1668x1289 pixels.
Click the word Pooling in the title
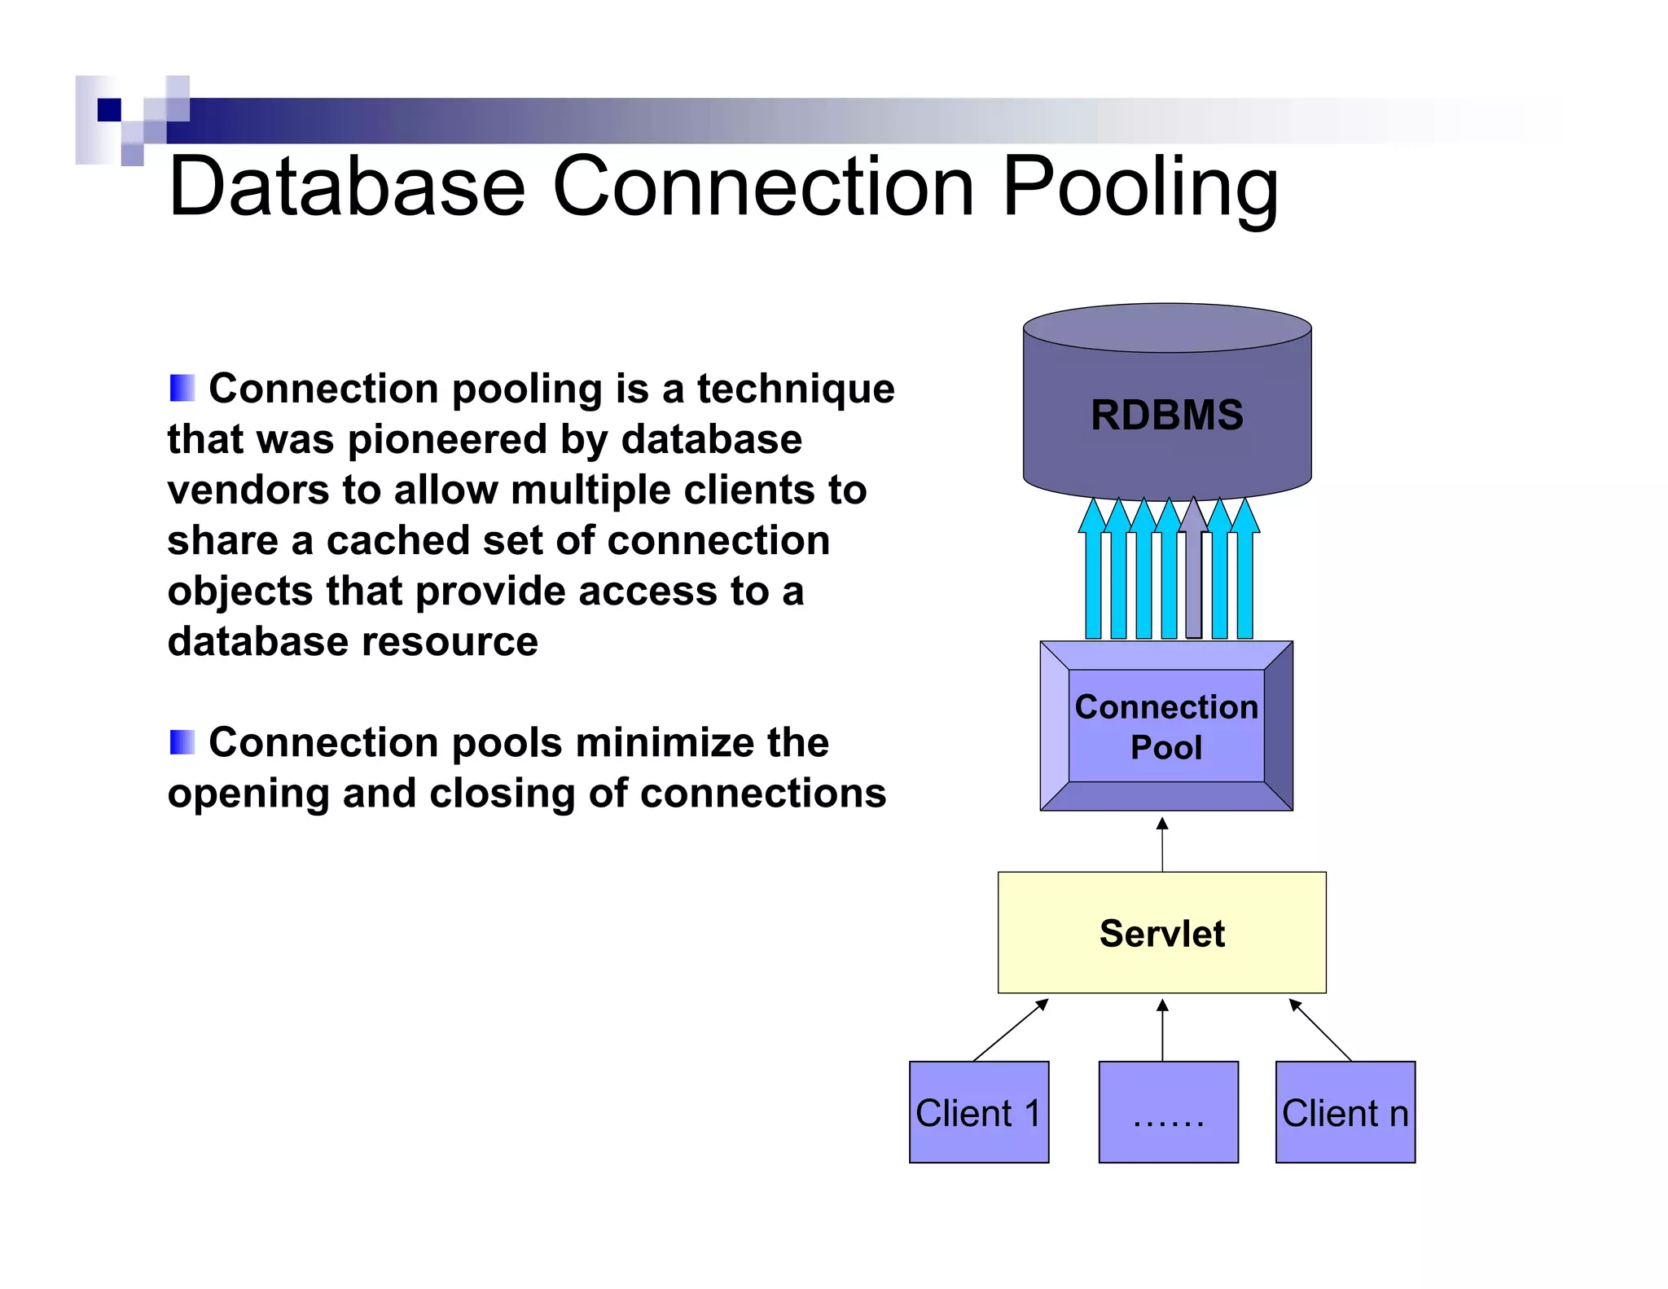point(1139,188)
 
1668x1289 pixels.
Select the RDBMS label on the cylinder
point(1166,415)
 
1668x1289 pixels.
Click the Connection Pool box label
point(1166,726)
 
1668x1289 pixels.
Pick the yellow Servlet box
point(1161,933)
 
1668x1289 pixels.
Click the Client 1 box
point(978,1112)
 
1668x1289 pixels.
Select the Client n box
point(1345,1112)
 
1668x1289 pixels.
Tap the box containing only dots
point(1168,1112)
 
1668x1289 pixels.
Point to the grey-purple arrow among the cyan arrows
point(1193,570)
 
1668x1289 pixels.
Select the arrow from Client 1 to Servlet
point(1010,1030)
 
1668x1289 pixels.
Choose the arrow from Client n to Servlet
point(1320,1030)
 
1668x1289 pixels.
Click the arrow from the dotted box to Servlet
point(1162,1030)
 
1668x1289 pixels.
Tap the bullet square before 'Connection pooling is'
point(182,388)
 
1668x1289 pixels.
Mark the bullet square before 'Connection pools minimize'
point(182,742)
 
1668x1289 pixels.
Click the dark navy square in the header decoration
point(109,110)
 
